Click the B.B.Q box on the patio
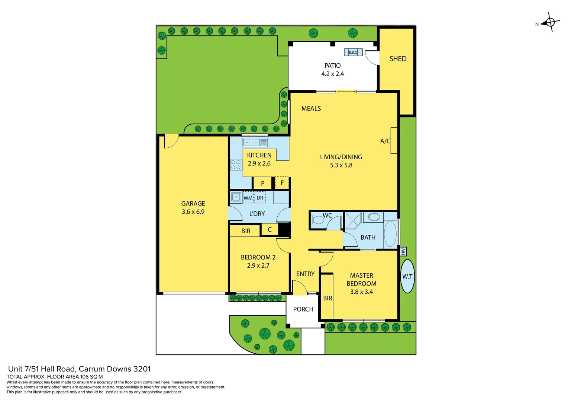coord(353,52)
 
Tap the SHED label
coord(398,59)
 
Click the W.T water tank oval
coord(407,276)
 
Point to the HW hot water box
coord(403,252)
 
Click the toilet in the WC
coord(318,220)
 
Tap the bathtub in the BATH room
coord(390,234)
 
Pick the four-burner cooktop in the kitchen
coord(236,165)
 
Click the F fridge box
coord(282,183)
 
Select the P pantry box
coord(262,184)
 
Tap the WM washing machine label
coord(248,198)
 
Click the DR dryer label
coord(260,198)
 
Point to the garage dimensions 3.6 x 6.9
coord(193,212)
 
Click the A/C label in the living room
coord(385,141)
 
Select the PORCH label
coord(303,309)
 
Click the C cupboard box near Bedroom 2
coord(270,230)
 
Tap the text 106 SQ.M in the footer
coord(91,377)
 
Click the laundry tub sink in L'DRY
coord(236,197)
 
